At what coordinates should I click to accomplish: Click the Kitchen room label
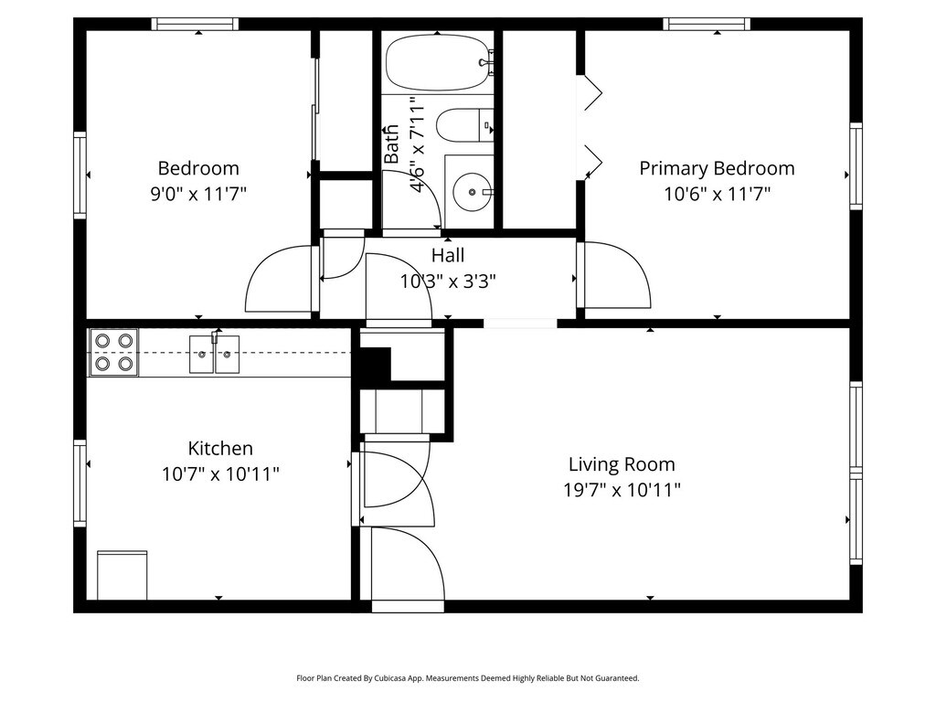(x=220, y=448)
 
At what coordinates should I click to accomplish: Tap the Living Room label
(x=622, y=464)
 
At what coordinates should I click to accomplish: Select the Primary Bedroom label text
(x=717, y=168)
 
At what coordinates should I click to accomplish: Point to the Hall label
(x=448, y=256)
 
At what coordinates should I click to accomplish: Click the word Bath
(x=391, y=144)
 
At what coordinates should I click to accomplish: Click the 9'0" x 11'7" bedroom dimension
(x=198, y=194)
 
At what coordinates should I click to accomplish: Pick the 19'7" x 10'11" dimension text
(x=622, y=490)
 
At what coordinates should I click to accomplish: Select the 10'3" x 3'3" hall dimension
(x=448, y=281)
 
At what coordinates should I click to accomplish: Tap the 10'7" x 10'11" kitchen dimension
(x=220, y=474)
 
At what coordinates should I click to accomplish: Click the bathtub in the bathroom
(x=440, y=63)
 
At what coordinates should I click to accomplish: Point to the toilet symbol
(x=464, y=124)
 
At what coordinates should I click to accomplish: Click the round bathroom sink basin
(x=472, y=192)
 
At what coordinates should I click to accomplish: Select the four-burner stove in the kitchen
(x=113, y=352)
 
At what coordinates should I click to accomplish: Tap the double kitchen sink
(x=214, y=354)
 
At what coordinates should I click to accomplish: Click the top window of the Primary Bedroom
(x=707, y=24)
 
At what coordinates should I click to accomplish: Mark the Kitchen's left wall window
(x=80, y=483)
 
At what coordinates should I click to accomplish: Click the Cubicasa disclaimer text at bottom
(x=468, y=678)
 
